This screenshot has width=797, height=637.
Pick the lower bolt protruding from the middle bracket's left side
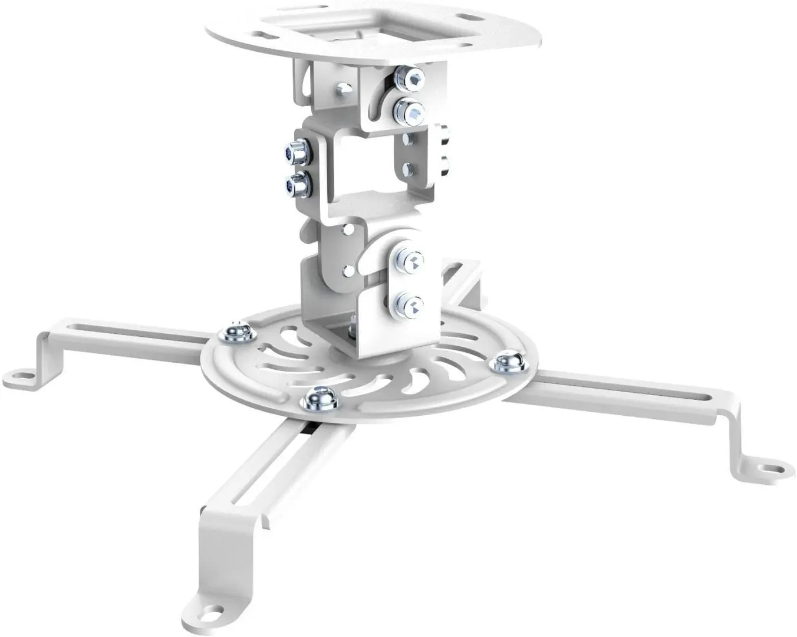coord(296,185)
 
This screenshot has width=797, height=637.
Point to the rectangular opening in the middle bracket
coord(366,168)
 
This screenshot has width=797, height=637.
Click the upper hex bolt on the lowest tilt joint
coord(410,261)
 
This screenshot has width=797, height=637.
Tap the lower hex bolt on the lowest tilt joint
coord(409,304)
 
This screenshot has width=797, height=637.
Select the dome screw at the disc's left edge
coord(237,333)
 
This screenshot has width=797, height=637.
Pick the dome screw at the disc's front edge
coord(318,399)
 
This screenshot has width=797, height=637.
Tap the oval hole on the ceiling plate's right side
coord(468,18)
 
